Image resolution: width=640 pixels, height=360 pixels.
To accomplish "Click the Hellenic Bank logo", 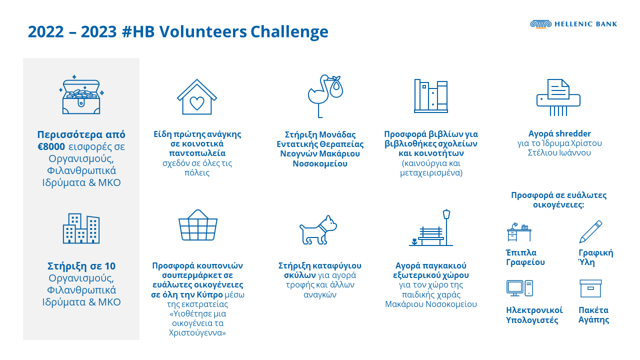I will pyautogui.click(x=573, y=24).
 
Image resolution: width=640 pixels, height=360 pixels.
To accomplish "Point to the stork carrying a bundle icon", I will pyautogui.click(x=324, y=95).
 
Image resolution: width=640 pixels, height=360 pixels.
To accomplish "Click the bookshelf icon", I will pyautogui.click(x=430, y=95).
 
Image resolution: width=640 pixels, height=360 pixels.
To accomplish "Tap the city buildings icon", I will pyautogui.click(x=81, y=229).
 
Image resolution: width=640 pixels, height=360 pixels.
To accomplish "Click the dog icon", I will pyautogui.click(x=318, y=230).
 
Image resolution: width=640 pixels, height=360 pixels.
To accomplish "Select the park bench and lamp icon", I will pyautogui.click(x=431, y=228).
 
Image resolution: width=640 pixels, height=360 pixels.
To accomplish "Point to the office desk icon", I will pyautogui.click(x=518, y=233).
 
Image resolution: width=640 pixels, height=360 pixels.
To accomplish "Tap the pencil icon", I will pyautogui.click(x=590, y=232).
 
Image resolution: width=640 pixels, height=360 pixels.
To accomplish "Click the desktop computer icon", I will pyautogui.click(x=519, y=288).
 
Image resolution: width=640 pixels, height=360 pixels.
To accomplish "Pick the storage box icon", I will pyautogui.click(x=590, y=288).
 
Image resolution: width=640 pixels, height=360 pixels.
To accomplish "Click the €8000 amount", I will pyautogui.click(x=51, y=147).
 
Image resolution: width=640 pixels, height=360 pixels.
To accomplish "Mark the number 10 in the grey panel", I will pyautogui.click(x=110, y=265).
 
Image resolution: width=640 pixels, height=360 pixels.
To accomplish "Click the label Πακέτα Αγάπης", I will pyautogui.click(x=594, y=314).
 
